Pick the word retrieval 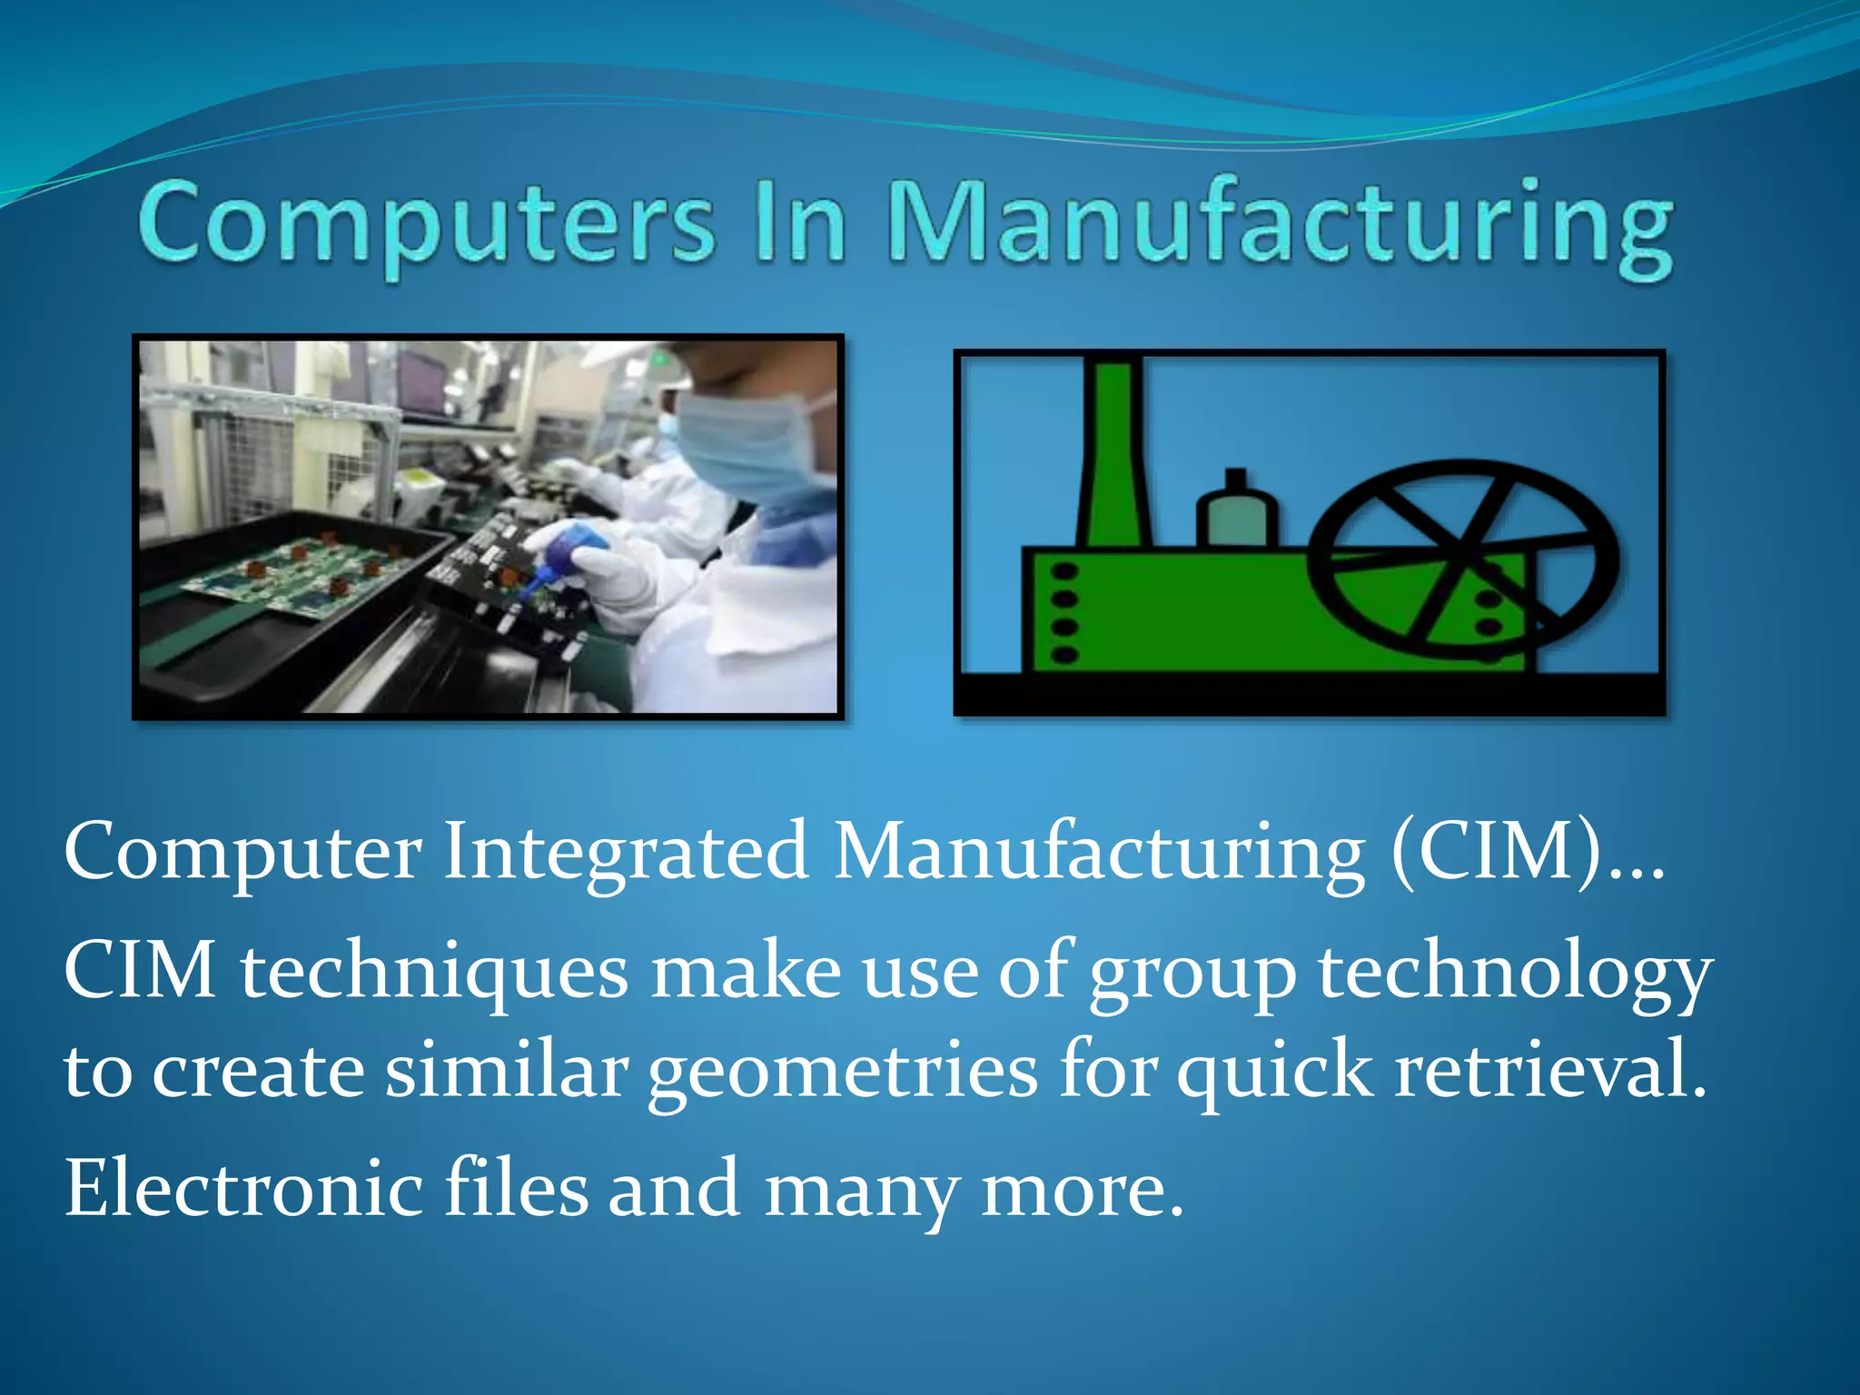(1550, 1070)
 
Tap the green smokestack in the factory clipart (1113, 454)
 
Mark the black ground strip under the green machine (1308, 694)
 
